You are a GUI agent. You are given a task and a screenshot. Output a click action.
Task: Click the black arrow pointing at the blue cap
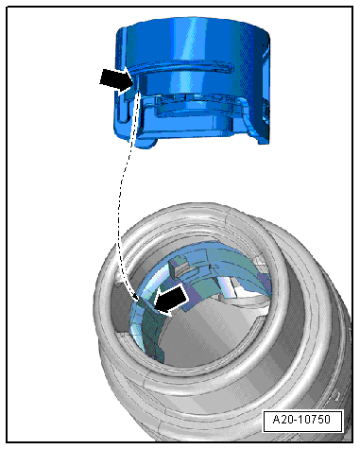click(x=117, y=80)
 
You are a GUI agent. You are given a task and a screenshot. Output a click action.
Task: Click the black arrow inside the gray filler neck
click(x=172, y=299)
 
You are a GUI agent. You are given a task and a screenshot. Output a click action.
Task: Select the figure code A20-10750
click(x=301, y=420)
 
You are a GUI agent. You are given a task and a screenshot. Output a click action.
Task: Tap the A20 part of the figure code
click(x=282, y=420)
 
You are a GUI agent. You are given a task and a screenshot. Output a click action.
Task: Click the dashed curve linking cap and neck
click(x=122, y=196)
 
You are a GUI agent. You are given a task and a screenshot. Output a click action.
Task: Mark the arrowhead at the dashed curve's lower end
click(x=135, y=297)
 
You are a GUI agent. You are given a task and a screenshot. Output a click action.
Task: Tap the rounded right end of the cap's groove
click(x=231, y=67)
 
